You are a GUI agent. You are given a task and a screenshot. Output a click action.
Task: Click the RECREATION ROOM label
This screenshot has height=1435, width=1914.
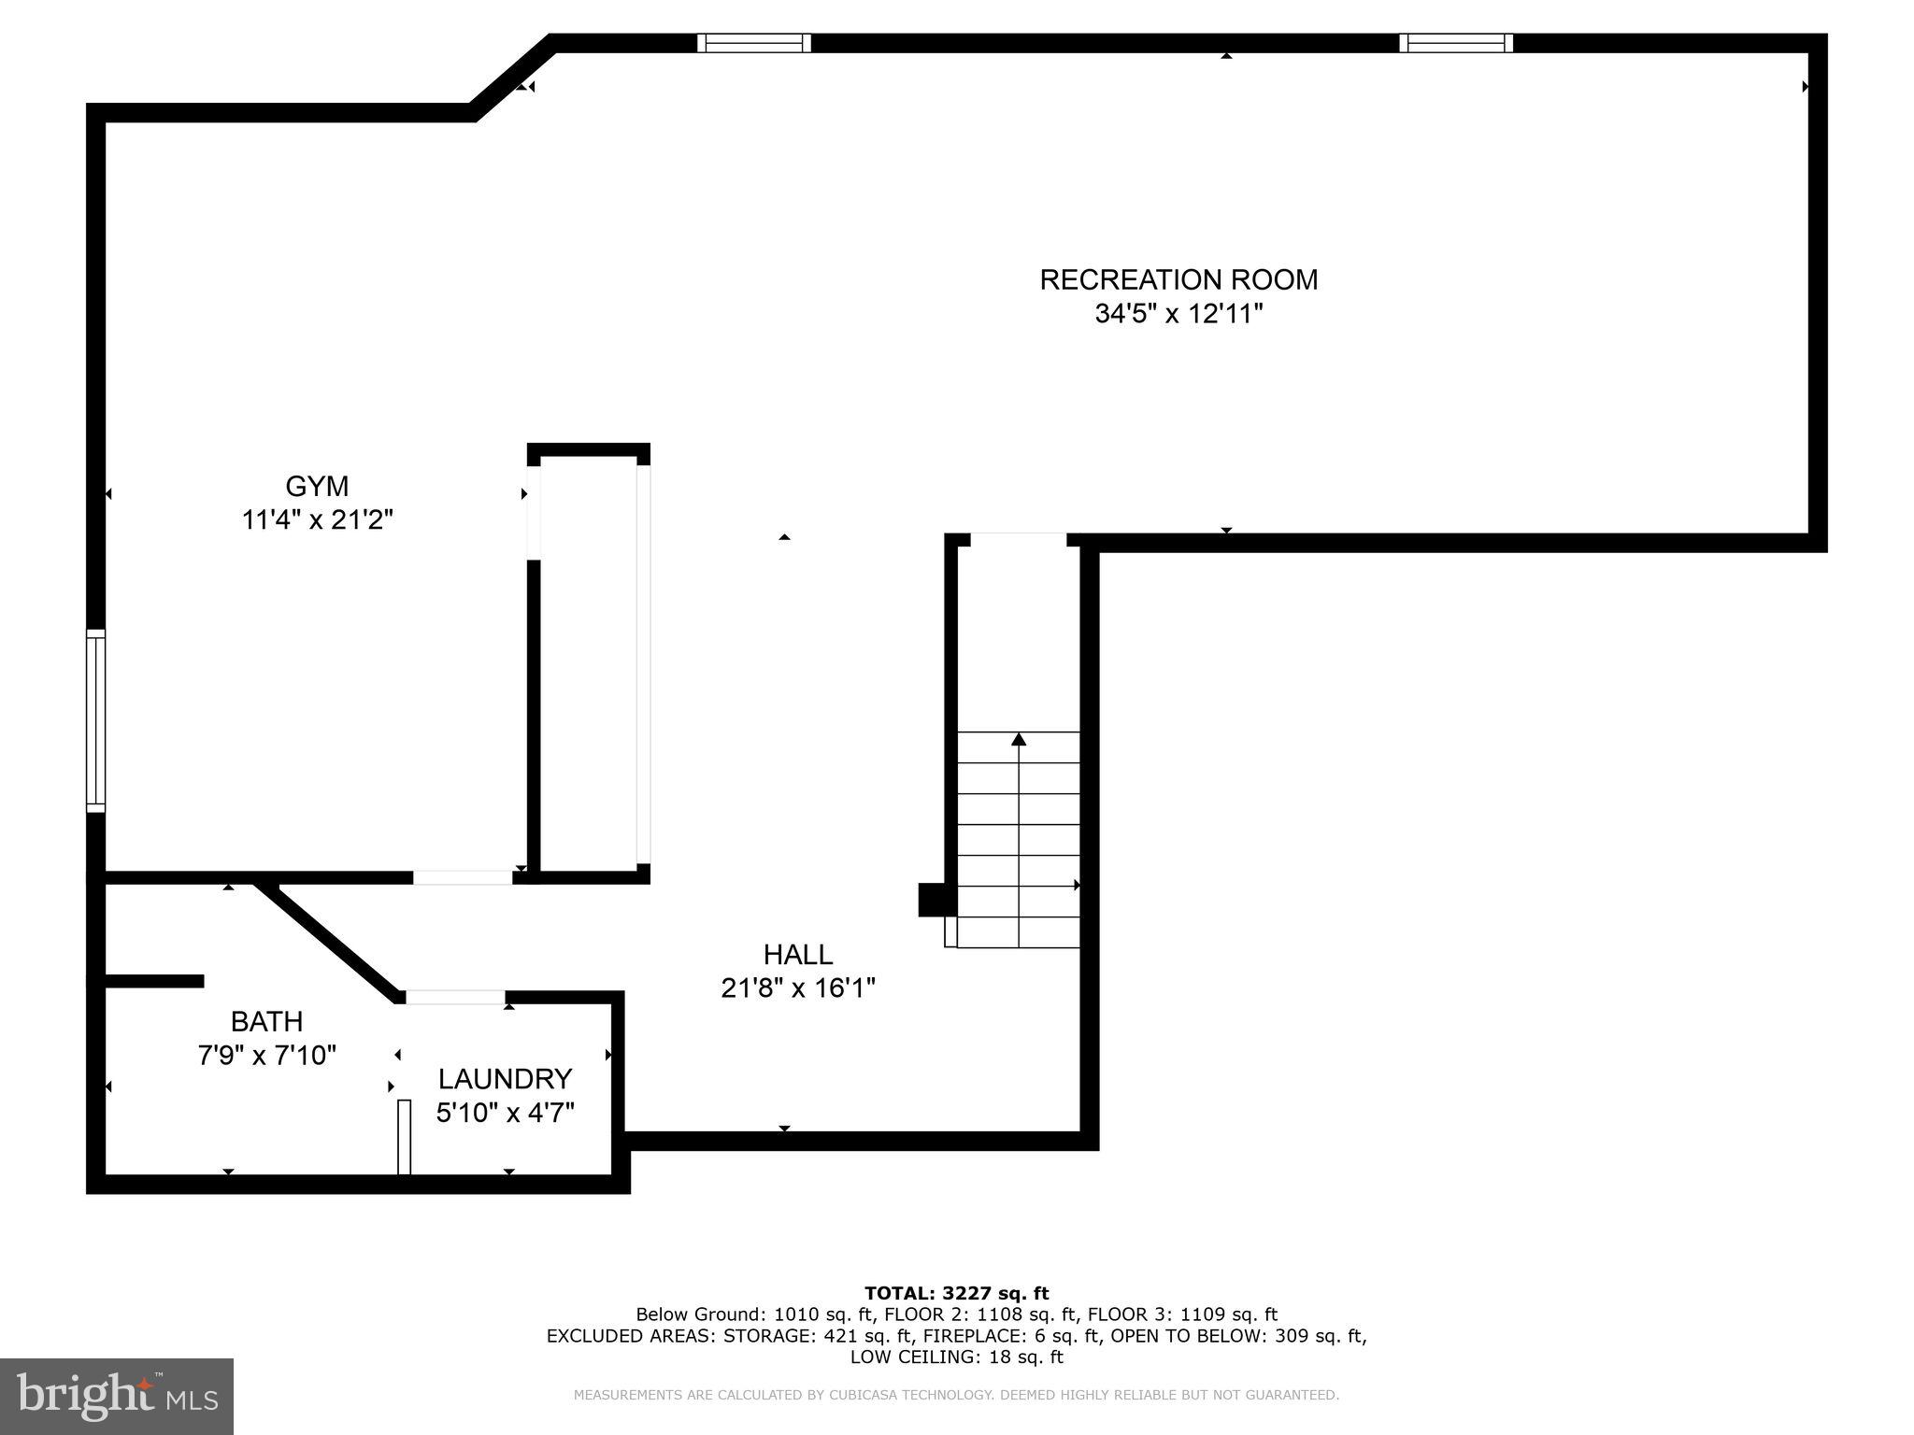[1178, 279]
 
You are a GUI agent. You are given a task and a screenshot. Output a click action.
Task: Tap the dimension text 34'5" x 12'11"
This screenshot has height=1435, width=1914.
[1178, 314]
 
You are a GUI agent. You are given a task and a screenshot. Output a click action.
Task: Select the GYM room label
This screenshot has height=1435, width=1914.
[317, 486]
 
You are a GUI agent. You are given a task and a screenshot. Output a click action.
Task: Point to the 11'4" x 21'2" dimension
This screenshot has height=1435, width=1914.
[317, 519]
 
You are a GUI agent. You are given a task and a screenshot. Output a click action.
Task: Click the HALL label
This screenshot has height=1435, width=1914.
[797, 954]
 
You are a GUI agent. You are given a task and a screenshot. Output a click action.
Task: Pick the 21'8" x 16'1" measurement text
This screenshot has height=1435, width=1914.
[797, 987]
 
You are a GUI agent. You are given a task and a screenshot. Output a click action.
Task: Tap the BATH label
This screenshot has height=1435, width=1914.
[266, 1021]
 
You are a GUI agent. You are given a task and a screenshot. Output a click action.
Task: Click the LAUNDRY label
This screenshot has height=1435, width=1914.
[505, 1079]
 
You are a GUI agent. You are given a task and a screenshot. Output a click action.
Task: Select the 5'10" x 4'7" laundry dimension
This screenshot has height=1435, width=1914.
[505, 1113]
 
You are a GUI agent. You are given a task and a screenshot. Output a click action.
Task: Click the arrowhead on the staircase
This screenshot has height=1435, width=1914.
[1019, 739]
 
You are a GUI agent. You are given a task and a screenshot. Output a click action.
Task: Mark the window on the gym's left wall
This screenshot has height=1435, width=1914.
[95, 719]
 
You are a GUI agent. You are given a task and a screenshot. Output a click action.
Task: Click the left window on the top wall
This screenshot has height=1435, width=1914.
[754, 43]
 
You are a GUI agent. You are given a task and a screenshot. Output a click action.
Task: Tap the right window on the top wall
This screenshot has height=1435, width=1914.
[1456, 43]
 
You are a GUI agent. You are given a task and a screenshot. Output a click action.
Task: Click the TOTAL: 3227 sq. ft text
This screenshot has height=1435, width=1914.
[956, 1293]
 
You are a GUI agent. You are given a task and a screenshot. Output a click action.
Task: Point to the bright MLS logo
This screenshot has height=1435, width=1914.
[116, 1396]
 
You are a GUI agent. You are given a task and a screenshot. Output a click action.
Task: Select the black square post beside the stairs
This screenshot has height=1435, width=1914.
[935, 900]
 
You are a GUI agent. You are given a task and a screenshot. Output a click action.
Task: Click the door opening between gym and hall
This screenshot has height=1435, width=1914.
[463, 877]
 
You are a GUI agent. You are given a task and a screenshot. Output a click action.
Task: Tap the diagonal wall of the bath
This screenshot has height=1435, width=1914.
[329, 938]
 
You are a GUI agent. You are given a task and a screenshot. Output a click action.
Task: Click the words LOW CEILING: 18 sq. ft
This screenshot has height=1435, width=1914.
[956, 1357]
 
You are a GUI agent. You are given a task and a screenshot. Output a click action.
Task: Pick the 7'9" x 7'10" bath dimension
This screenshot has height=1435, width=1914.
[266, 1055]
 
